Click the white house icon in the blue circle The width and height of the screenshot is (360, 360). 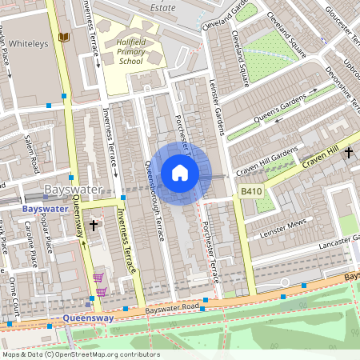(180, 173)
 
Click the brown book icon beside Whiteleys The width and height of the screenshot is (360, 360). (65, 38)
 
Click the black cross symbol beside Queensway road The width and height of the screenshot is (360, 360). (94, 226)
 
